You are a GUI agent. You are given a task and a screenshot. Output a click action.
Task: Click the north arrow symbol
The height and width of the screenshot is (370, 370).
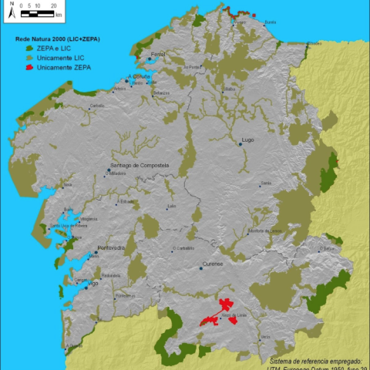pyautogui.click(x=12, y=11)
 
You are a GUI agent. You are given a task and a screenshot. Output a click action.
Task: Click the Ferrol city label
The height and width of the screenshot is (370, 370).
pyautogui.click(x=159, y=54)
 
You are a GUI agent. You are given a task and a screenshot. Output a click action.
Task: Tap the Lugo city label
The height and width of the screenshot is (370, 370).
pyautogui.click(x=247, y=140)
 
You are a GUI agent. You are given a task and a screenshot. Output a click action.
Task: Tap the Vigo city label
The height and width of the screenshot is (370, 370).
pyautogui.click(x=93, y=284)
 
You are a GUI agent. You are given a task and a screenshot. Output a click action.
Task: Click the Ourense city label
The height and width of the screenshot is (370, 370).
pyautogui.click(x=212, y=264)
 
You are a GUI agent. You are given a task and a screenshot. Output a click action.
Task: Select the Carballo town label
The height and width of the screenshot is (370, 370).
pyautogui.click(x=97, y=106)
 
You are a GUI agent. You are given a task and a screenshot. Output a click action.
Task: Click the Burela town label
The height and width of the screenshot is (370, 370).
pyautogui.click(x=270, y=22)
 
